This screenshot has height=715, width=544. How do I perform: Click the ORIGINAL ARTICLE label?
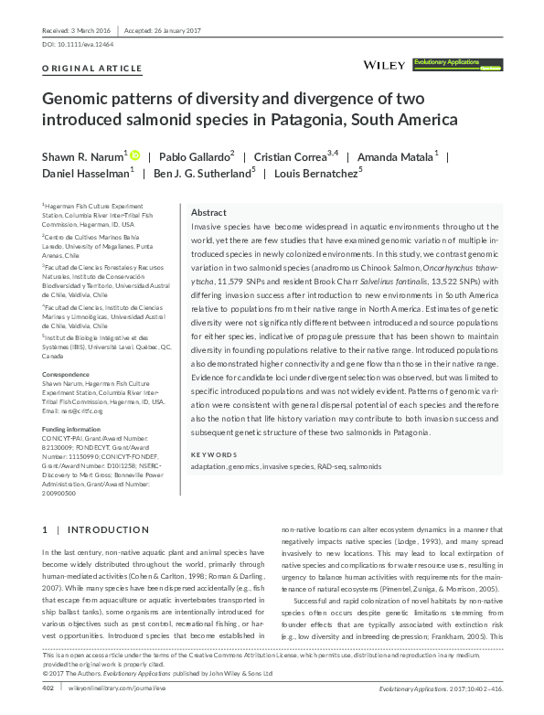93,69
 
